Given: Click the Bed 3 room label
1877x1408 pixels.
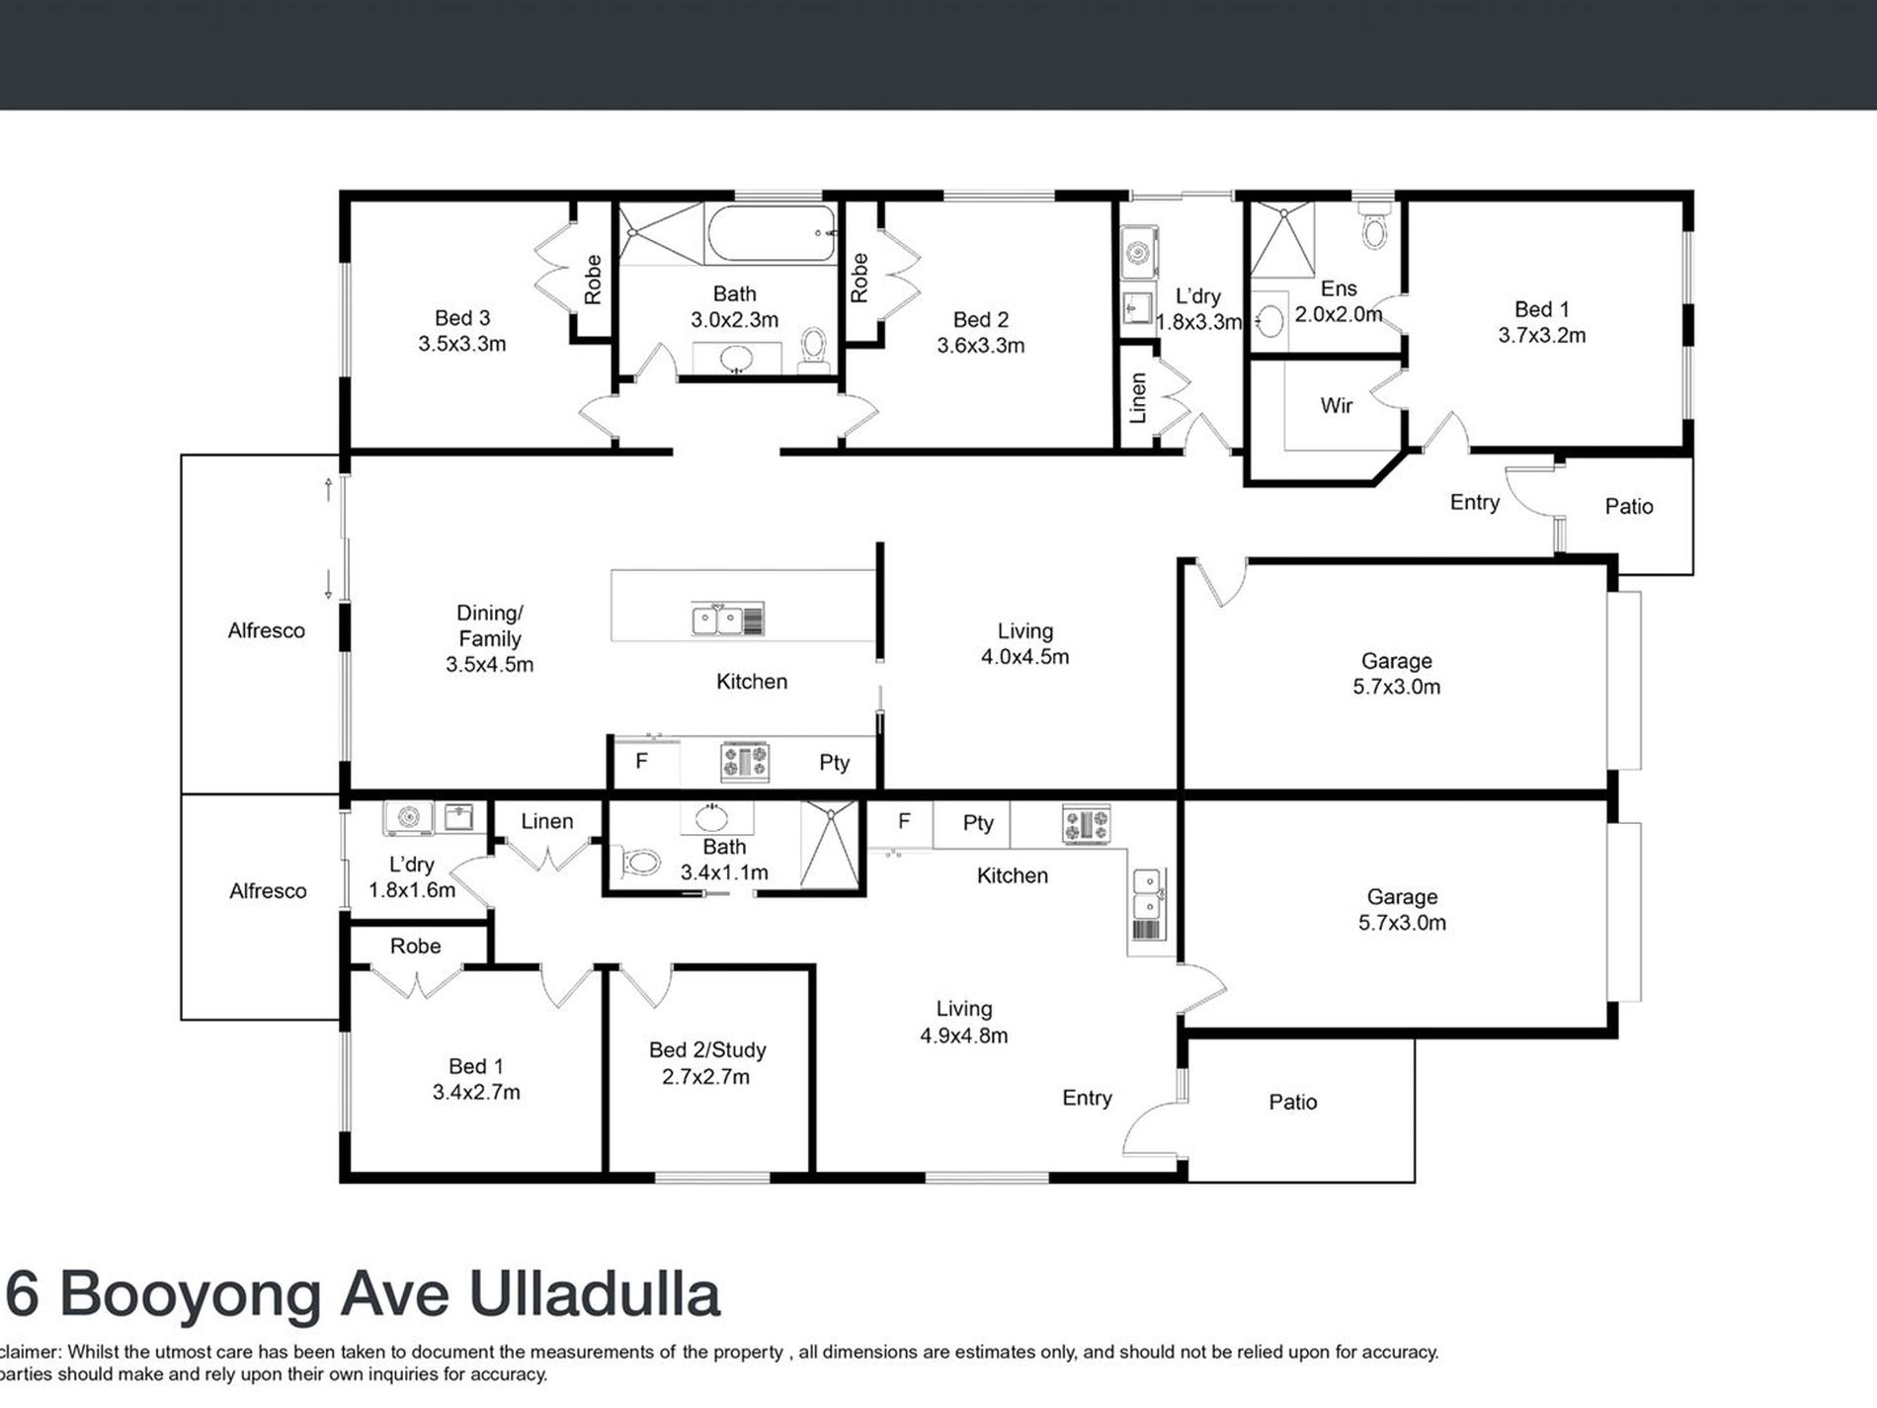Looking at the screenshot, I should coord(462,318).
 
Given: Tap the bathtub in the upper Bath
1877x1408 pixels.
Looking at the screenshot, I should coord(772,234).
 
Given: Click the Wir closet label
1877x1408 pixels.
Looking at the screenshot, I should coord(1336,405).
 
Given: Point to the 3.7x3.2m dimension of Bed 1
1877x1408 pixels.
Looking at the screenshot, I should coord(1541,336).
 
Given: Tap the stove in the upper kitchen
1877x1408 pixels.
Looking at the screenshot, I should coord(745,762).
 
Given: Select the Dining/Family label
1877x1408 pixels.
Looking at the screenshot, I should coord(489,625).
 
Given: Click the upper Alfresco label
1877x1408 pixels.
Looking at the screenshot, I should coord(266,630).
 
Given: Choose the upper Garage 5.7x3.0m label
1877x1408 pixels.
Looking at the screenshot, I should coord(1396,674).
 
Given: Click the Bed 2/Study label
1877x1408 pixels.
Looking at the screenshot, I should coord(707,1050).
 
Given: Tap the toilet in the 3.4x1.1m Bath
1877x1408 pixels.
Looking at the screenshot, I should coord(641,863).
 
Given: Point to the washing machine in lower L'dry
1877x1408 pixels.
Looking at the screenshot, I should coord(408,817).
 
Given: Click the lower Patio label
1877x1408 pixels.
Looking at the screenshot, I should coord(1292,1102).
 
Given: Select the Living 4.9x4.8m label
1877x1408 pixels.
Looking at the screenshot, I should coord(963,1022).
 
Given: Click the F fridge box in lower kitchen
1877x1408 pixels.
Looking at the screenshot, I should coord(903,821).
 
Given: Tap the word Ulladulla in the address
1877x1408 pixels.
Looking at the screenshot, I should coord(594,1294).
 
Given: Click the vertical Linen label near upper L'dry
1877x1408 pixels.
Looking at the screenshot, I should coord(1138,397).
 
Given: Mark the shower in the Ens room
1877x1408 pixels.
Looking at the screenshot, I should coord(1282,238).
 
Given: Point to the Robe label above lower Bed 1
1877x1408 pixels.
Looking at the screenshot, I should coord(415,946).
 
